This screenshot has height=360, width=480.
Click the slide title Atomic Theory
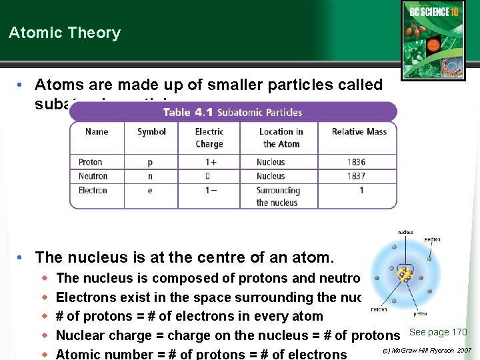(65, 33)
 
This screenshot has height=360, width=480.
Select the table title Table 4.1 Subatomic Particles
(233, 112)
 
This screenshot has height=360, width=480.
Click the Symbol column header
(151, 131)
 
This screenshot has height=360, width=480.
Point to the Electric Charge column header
(209, 137)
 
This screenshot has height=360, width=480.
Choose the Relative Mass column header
(359, 131)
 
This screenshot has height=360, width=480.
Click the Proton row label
(90, 162)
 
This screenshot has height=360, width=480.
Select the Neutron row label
(93, 176)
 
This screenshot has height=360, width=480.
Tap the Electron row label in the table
(93, 190)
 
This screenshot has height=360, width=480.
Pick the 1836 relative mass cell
(356, 162)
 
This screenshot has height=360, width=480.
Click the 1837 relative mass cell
(356, 176)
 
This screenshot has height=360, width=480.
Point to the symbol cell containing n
(150, 176)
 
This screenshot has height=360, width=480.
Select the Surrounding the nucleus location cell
(278, 196)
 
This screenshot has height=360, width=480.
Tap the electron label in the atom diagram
(431, 239)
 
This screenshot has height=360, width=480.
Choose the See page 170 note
(438, 332)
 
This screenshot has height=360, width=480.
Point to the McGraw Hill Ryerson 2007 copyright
(427, 350)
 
